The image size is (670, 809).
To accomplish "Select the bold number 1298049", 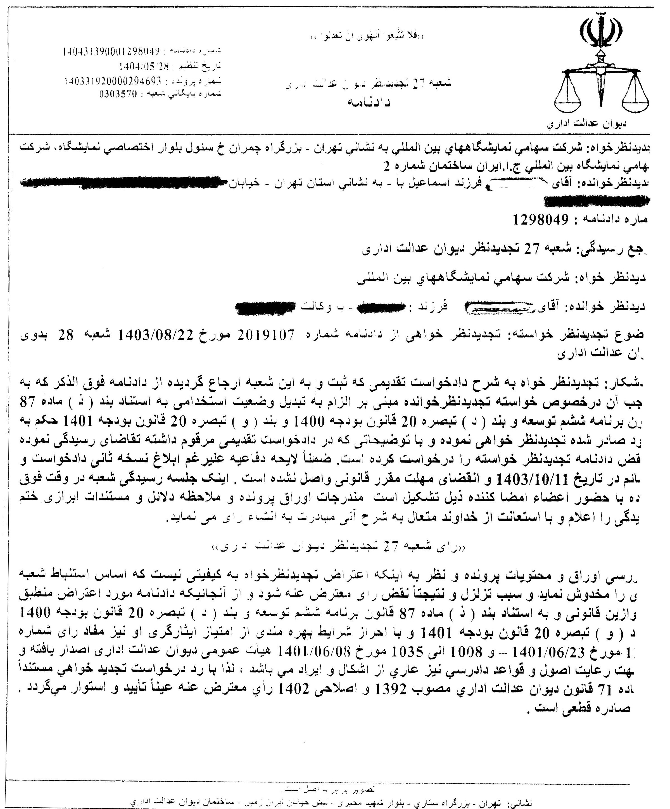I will [x=541, y=220].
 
